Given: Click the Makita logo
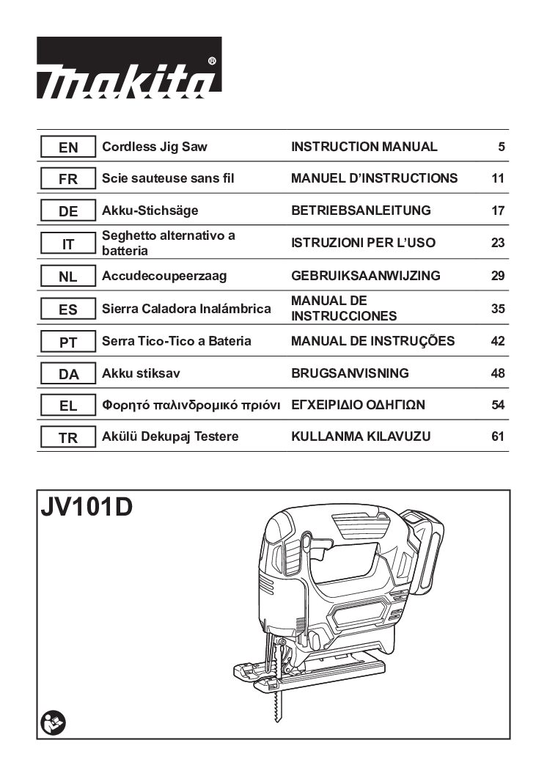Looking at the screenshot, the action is tap(128, 67).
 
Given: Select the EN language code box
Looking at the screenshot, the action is tap(67, 147).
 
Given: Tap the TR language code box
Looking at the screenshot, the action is tap(67, 437).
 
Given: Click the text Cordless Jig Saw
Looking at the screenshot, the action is tap(154, 147).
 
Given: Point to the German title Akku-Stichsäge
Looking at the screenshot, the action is tap(150, 211).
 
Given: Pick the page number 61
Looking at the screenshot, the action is tap(498, 436).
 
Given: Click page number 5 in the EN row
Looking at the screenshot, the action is tap(502, 147).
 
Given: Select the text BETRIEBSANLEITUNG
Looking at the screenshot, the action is tap(361, 211).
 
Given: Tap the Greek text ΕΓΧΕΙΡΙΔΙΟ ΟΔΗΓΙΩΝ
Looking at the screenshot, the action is tap(358, 405).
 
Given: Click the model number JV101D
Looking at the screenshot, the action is tap(87, 507).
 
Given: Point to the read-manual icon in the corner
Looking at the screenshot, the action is tap(54, 723).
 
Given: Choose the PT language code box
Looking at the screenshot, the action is tap(67, 342).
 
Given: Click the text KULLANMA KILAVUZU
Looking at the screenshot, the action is tap(361, 436).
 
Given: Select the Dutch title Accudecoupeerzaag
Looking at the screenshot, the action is tap(164, 276).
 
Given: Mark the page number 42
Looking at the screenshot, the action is tap(498, 341).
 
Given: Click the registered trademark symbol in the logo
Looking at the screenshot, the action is tap(212, 61).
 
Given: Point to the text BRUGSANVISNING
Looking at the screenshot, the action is tap(350, 373).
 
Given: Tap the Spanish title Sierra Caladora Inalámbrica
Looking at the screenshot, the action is tap(186, 309).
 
